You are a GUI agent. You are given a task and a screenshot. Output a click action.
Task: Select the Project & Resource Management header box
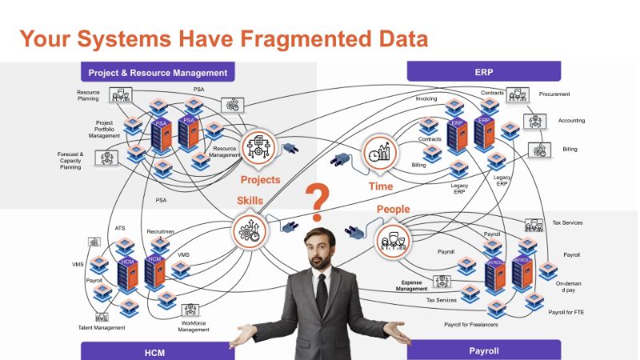[158, 72]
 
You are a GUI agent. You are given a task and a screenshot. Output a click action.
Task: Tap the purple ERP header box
[482, 72]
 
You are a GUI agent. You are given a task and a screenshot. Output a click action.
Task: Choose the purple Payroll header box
[483, 350]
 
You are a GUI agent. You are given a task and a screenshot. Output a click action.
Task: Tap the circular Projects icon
[260, 149]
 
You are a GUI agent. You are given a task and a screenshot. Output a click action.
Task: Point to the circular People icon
[393, 239]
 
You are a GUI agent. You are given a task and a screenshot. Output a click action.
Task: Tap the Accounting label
[571, 121]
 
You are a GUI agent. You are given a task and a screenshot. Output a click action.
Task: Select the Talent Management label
[102, 327]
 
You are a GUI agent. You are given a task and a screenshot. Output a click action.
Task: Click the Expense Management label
[414, 286]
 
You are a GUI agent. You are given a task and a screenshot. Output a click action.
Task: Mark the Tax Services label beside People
[442, 299]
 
